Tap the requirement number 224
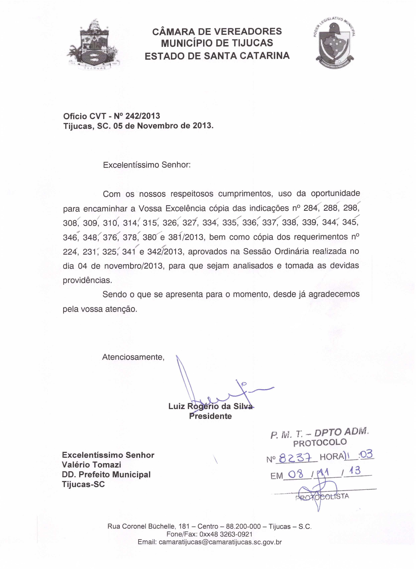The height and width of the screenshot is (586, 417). pyautogui.click(x=70, y=252)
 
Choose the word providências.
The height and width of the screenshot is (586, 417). pyautogui.click(x=87, y=280)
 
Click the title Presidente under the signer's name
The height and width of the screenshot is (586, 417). pyautogui.click(x=210, y=416)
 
